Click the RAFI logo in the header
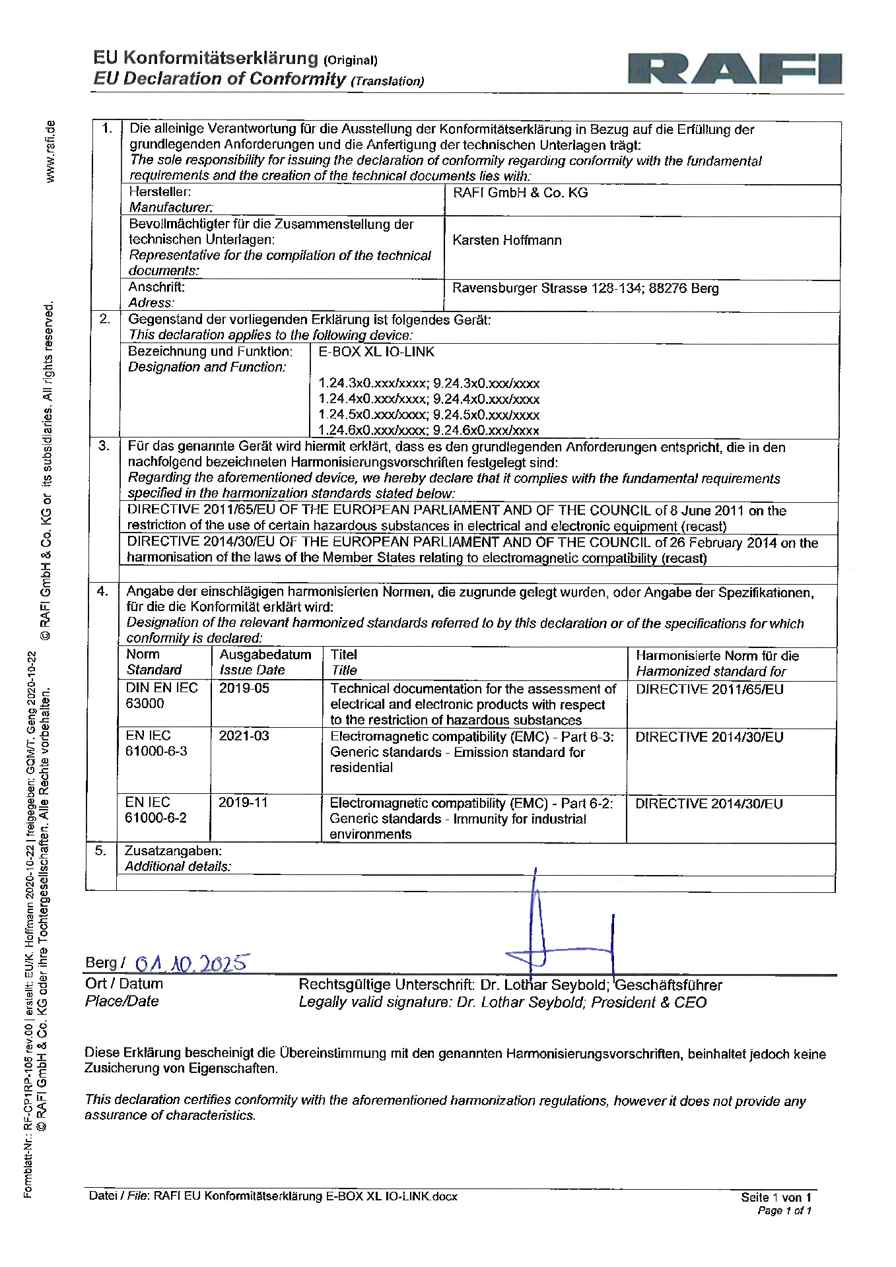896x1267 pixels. click(734, 69)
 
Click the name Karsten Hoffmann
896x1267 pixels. click(506, 240)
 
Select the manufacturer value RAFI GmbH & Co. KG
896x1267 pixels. click(520, 193)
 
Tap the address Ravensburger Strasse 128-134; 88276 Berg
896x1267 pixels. click(585, 288)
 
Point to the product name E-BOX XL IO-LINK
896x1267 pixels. click(376, 352)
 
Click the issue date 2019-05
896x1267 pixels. click(244, 688)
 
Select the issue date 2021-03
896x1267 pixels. click(244, 736)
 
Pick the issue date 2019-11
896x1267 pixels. click(243, 802)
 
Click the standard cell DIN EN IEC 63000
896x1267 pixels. click(161, 696)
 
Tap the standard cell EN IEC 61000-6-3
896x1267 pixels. click(156, 743)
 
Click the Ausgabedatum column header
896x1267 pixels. click(265, 655)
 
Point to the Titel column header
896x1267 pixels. click(343, 655)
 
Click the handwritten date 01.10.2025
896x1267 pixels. click(191, 963)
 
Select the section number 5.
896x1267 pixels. click(100, 851)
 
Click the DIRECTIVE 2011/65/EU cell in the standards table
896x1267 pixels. click(709, 690)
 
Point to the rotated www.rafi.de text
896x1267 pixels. click(50, 151)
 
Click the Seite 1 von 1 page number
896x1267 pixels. click(776, 1197)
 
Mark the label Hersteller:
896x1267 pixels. click(160, 192)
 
